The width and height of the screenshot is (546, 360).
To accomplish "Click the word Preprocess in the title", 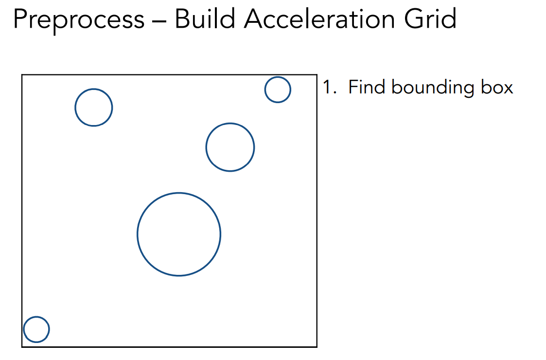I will click(x=78, y=19).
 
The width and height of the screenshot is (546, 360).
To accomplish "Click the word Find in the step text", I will click(x=367, y=88).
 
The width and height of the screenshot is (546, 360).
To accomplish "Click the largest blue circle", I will click(x=179, y=234).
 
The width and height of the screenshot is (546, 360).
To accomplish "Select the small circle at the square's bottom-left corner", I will click(x=36, y=329).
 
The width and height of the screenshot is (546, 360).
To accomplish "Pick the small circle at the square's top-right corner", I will click(x=278, y=90).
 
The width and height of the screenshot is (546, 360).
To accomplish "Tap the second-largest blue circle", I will click(x=230, y=147).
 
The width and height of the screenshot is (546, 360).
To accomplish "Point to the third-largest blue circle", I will click(x=94, y=108).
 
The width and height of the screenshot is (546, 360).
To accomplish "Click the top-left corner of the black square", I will click(x=22, y=75).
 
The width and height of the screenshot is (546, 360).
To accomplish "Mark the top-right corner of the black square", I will click(x=317, y=75).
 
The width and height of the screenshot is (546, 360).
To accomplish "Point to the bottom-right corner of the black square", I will click(x=317, y=347).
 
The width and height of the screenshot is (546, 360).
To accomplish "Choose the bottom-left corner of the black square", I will click(x=22, y=347).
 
